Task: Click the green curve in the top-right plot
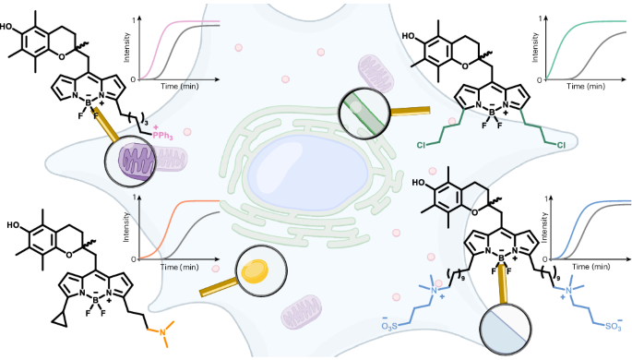click(572, 30)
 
